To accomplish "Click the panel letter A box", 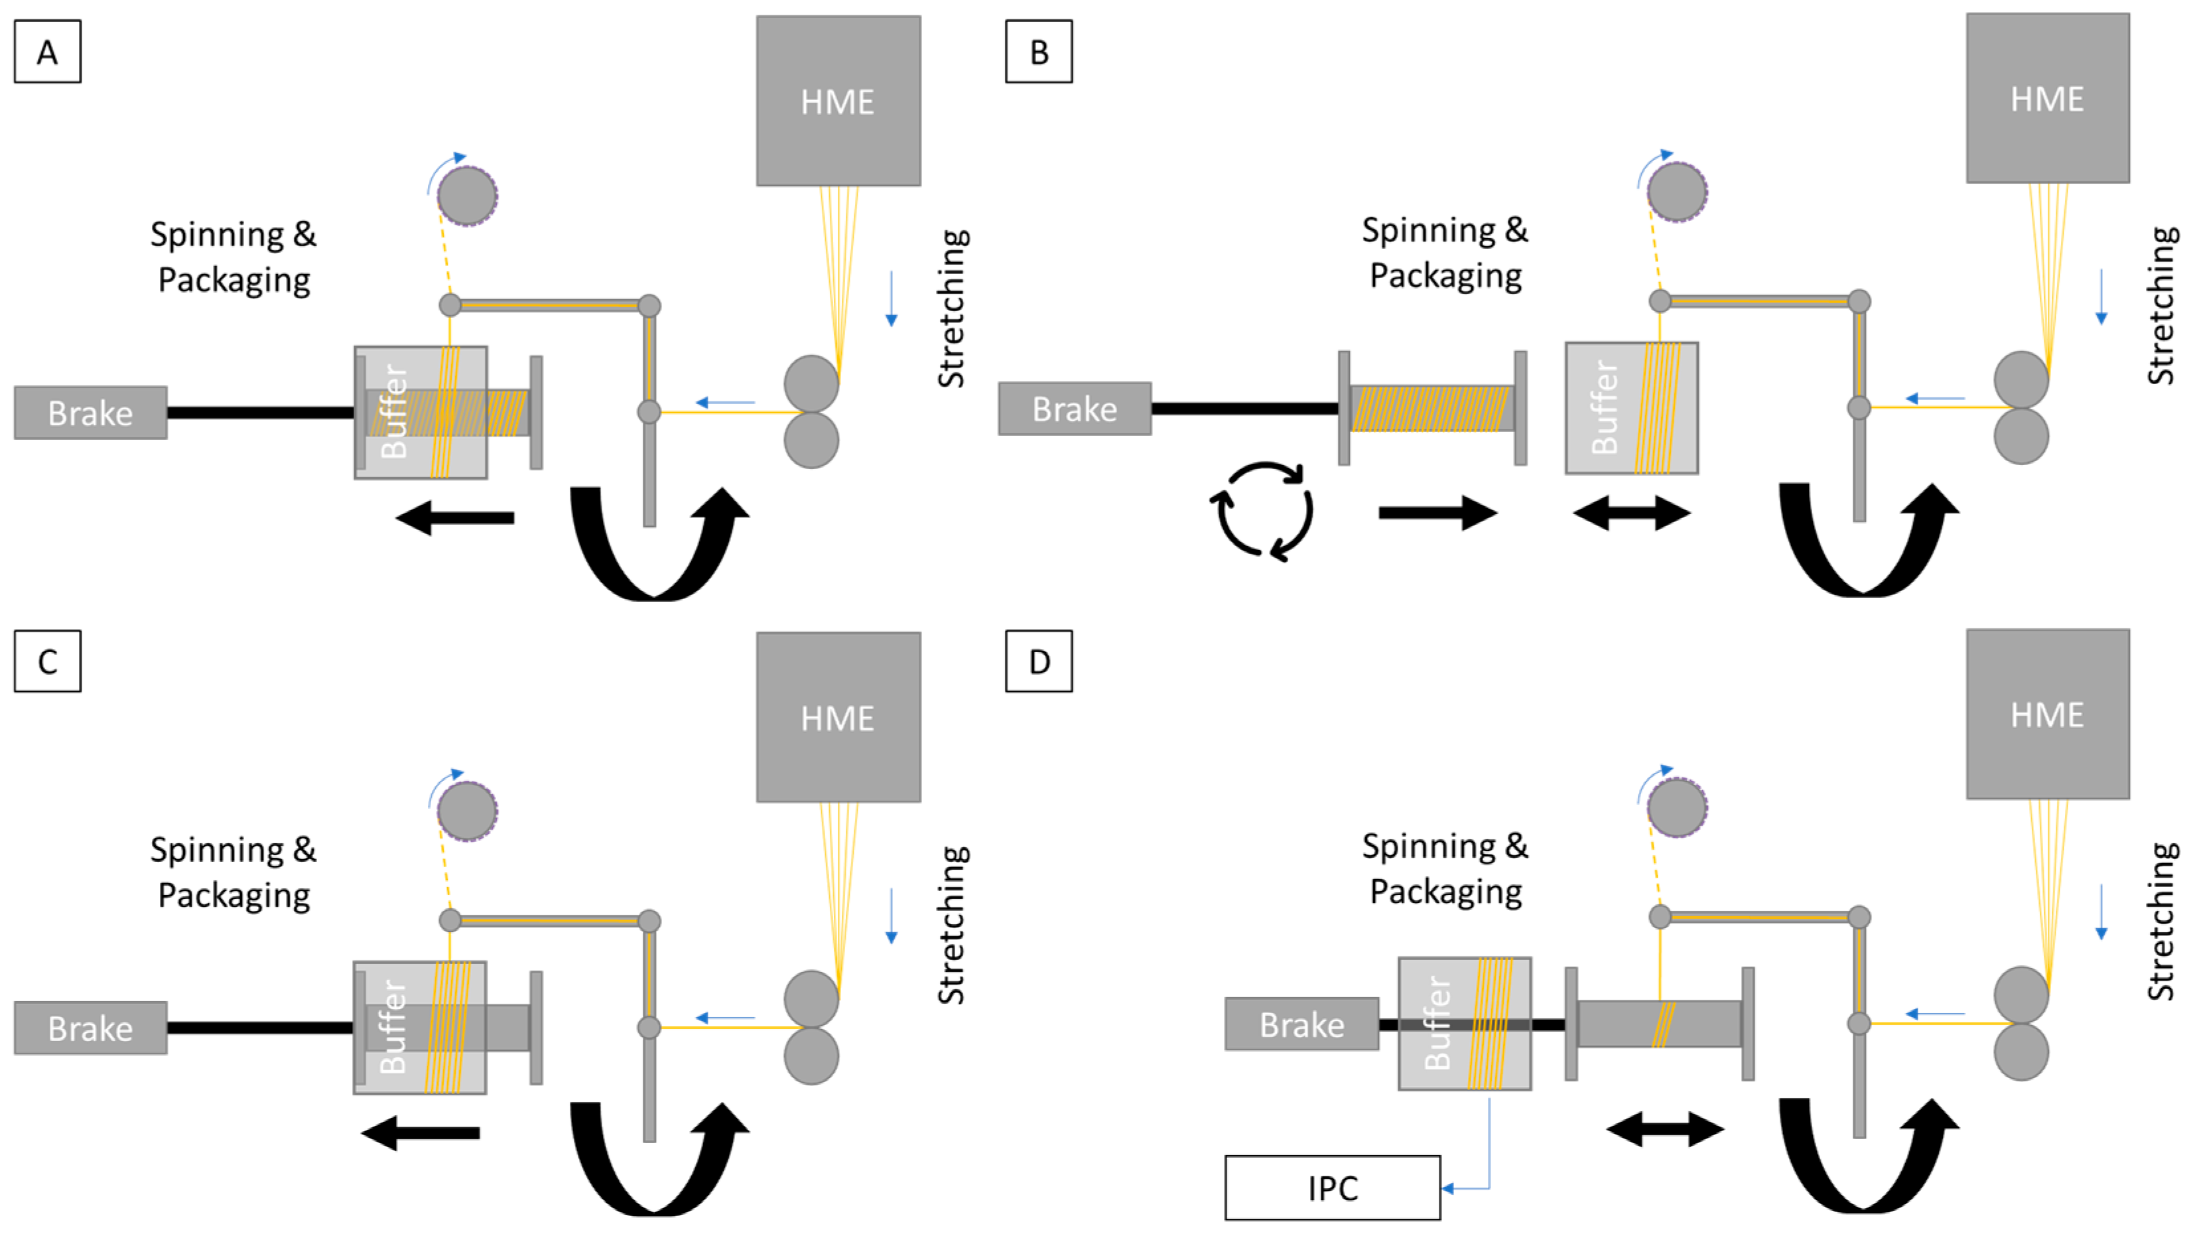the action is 48,52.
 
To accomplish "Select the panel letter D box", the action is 1038,661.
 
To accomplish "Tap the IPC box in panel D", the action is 1333,1188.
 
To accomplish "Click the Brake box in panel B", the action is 1075,409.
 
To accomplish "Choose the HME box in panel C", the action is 838,717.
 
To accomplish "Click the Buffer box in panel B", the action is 1632,408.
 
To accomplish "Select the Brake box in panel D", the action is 1302,1024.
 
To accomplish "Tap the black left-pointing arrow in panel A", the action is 456,517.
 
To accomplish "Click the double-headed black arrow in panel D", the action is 1666,1130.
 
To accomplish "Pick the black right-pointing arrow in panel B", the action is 1438,514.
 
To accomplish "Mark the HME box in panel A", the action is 838,101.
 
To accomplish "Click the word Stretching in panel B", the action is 2162,306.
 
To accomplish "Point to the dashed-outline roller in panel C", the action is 468,811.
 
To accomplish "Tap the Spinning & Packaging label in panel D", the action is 1445,868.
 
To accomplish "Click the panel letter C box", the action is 48,661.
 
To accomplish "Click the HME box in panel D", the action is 2048,714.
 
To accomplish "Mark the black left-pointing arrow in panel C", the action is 421,1133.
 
